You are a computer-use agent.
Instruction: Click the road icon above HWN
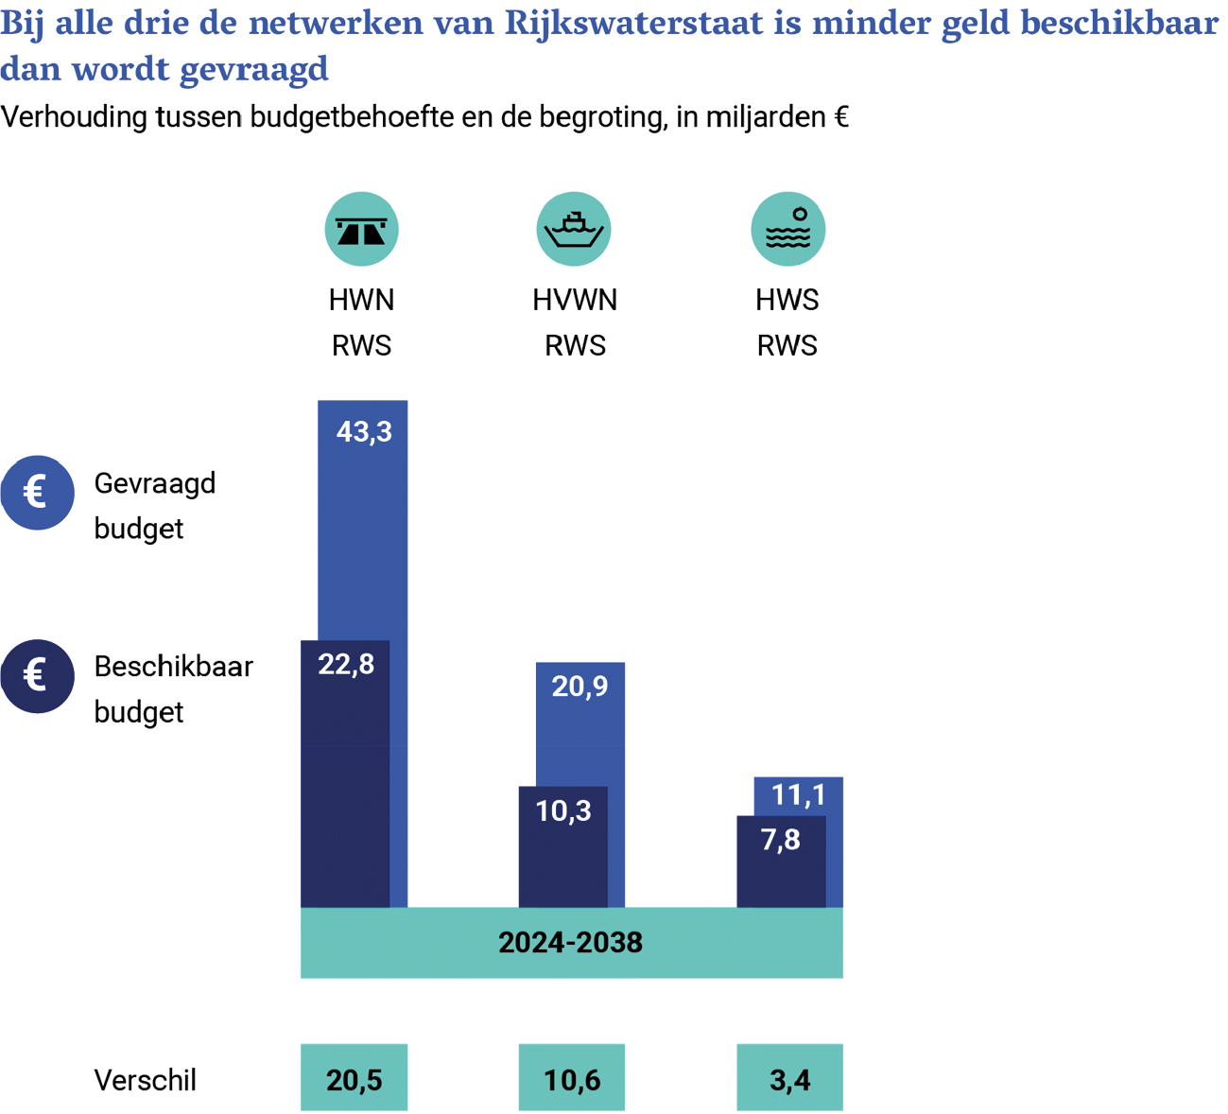pyautogui.click(x=361, y=229)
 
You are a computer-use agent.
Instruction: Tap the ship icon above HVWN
pyautogui.click(x=574, y=229)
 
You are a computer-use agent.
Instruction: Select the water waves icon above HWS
pyautogui.click(x=787, y=229)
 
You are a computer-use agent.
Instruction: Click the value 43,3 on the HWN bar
pyautogui.click(x=364, y=432)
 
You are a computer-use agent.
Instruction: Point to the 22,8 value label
pyautogui.click(x=346, y=665)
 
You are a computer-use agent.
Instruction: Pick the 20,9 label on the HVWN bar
pyautogui.click(x=579, y=687)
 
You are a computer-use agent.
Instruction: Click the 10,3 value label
pyautogui.click(x=563, y=810)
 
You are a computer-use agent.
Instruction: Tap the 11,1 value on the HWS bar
pyautogui.click(x=798, y=795)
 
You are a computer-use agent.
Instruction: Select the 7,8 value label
pyautogui.click(x=781, y=840)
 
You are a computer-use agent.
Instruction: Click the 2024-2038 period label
pyautogui.click(x=571, y=943)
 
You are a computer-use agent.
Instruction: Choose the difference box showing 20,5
pyautogui.click(x=355, y=1078)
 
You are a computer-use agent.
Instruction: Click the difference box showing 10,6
pyautogui.click(x=572, y=1078)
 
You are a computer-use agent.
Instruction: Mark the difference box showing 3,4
pyautogui.click(x=789, y=1078)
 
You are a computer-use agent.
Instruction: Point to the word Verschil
pyautogui.click(x=145, y=1080)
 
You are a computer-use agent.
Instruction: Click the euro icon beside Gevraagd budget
pyautogui.click(x=37, y=493)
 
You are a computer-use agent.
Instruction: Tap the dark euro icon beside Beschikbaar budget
pyautogui.click(x=37, y=676)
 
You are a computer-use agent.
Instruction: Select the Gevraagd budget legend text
pyautogui.click(x=154, y=505)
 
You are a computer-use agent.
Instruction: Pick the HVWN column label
pyautogui.click(x=575, y=301)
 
